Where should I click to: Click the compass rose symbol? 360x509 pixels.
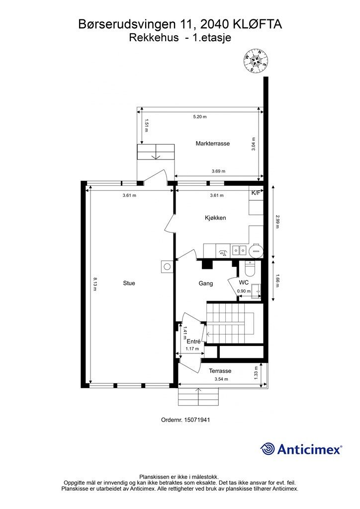(256, 61)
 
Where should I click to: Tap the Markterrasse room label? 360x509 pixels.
(213, 144)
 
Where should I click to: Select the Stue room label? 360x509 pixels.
(129, 283)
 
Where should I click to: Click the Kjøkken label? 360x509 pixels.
(215, 218)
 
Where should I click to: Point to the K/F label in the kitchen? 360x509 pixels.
(256, 193)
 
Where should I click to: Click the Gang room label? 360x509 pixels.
(206, 283)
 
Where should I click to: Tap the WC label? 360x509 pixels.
(244, 282)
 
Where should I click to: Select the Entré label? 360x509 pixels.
(194, 341)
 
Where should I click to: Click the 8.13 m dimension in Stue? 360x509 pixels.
(95, 284)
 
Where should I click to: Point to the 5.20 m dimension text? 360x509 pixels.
(199, 117)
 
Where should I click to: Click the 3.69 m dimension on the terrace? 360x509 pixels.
(218, 171)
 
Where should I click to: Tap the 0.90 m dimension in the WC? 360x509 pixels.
(244, 291)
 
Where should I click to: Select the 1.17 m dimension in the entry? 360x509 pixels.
(192, 349)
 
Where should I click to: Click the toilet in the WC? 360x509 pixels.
(250, 268)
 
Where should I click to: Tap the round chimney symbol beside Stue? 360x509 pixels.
(167, 267)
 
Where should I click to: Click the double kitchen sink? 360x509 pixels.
(239, 251)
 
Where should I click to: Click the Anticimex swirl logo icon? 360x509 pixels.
(268, 449)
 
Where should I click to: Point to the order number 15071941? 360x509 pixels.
(197, 420)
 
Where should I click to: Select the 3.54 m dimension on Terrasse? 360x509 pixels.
(221, 379)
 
